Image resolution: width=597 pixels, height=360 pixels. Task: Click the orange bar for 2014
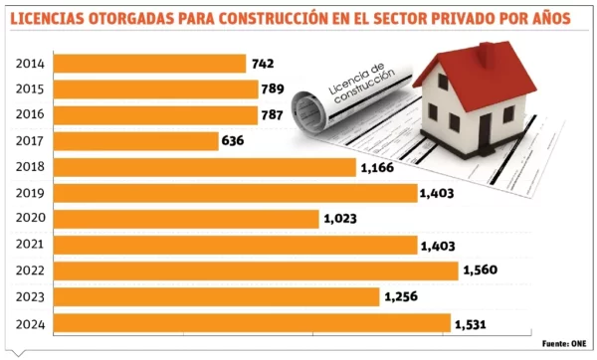pos(148,64)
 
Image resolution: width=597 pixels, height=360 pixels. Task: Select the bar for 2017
pos(134,141)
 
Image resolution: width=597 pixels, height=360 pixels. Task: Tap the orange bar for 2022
pos(255,270)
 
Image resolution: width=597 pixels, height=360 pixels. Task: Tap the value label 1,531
pos(475,323)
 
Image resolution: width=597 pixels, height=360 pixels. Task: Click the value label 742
pos(263,64)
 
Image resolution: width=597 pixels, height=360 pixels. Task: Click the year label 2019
pos(30,193)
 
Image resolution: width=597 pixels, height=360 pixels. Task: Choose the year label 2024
pos(30,323)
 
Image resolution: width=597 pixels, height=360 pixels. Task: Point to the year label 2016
pos(30,115)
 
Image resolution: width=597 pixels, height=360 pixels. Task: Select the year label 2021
pos(30,245)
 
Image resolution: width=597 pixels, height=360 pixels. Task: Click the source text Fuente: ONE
pos(562,343)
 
